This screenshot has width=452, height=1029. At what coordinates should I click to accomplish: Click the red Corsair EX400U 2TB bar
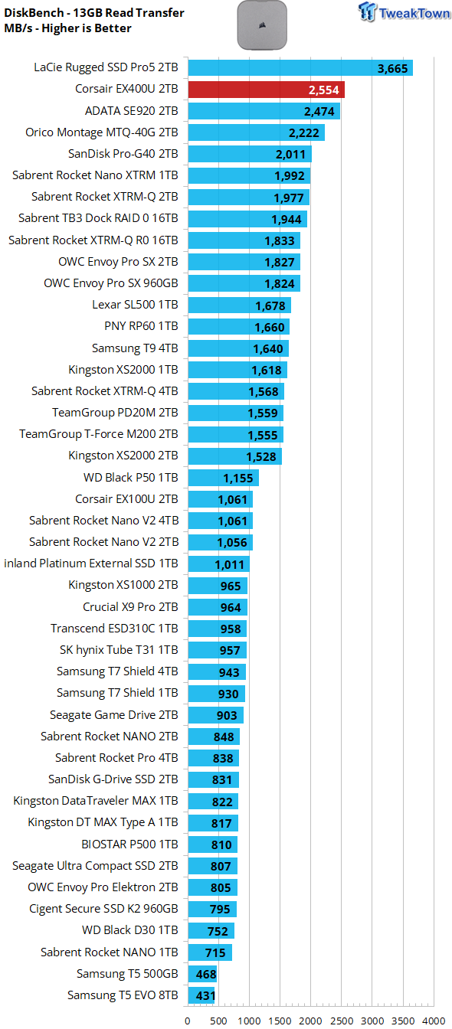[267, 90]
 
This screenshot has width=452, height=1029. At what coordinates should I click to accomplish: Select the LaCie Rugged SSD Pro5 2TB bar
[300, 68]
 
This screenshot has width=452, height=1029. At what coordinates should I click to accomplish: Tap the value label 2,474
[319, 112]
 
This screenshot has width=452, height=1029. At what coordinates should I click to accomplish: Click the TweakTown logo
[405, 12]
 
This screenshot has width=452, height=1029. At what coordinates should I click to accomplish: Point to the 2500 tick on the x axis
[342, 1021]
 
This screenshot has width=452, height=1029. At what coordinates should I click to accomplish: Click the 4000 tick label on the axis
[434, 1021]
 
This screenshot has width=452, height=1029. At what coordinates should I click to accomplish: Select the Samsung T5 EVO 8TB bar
[201, 995]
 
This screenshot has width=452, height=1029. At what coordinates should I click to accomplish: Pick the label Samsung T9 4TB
[135, 348]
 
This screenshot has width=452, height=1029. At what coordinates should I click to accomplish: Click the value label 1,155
[238, 479]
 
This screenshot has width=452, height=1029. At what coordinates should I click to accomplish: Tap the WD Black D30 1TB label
[129, 930]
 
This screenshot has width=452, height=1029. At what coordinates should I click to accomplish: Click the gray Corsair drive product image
[262, 25]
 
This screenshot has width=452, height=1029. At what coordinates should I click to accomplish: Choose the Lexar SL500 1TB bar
[240, 305]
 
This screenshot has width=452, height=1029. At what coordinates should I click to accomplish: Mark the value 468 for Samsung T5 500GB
[206, 975]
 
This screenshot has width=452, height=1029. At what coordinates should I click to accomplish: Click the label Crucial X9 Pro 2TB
[130, 607]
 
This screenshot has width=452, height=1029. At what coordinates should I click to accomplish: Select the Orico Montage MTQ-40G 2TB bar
[257, 132]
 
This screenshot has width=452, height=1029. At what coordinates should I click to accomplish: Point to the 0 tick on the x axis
[188, 1021]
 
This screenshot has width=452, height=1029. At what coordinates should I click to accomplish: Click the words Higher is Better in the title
[87, 28]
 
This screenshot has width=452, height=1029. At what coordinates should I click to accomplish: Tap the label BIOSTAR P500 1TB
[129, 844]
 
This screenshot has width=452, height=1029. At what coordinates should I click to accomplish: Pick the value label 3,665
[393, 69]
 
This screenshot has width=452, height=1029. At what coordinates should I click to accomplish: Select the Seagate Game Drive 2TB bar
[215, 715]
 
